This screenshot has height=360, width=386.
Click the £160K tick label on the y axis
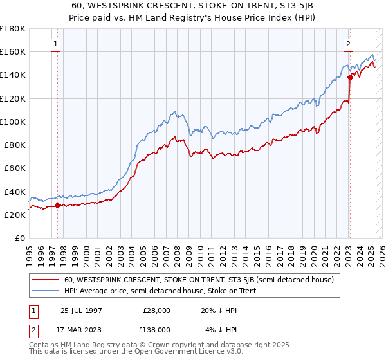point(13,51)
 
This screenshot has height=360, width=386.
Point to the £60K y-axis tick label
point(15,168)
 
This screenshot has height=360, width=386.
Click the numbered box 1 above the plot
point(57,45)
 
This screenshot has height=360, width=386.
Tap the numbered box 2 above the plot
point(348,45)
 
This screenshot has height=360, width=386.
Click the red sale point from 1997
point(57,206)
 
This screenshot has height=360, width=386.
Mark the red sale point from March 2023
point(350,76)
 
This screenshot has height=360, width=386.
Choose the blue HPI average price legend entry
point(160,291)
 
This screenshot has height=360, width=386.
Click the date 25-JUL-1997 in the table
point(83,310)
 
